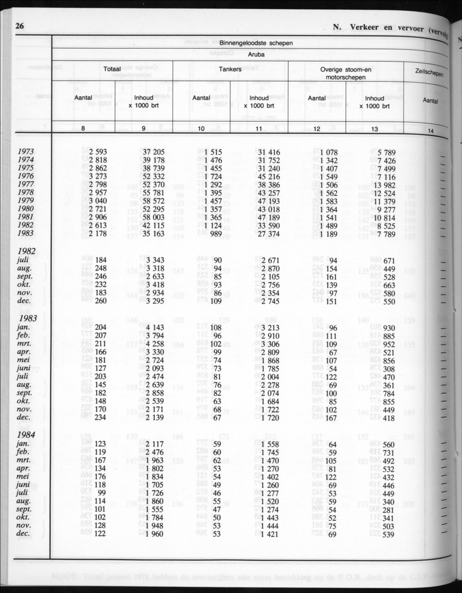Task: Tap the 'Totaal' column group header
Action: [112, 70]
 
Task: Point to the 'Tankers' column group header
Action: [230, 70]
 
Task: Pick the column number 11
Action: [259, 129]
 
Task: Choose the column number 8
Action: [83, 129]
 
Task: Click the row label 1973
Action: [26, 152]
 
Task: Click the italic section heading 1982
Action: [28, 251]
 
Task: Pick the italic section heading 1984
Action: [28, 435]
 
